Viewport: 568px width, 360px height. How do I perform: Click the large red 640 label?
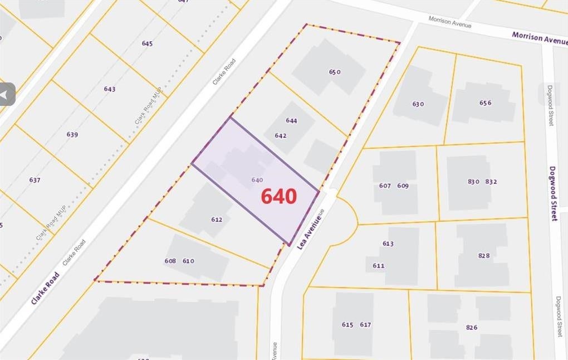click(279, 196)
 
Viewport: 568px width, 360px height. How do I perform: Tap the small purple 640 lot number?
click(257, 179)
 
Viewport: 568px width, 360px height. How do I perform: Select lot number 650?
click(335, 72)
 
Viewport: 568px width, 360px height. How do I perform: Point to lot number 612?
click(217, 220)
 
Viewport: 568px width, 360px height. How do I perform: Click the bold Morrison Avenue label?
click(539, 37)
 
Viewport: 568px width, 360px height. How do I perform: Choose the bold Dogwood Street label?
click(553, 193)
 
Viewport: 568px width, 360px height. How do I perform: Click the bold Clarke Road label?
click(45, 288)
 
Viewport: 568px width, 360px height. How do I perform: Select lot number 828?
click(484, 256)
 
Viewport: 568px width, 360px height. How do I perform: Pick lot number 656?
click(486, 103)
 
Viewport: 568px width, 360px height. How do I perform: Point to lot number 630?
click(418, 104)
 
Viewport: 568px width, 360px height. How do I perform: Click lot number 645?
click(147, 43)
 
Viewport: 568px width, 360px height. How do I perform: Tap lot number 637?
click(35, 180)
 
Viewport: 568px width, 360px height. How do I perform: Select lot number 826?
click(472, 328)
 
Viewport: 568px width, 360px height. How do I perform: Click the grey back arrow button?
click(7, 95)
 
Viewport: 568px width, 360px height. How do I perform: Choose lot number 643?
click(110, 89)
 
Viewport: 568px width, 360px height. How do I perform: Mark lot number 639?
click(72, 134)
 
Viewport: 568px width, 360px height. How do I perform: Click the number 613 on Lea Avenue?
click(388, 244)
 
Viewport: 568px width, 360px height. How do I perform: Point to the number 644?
click(291, 120)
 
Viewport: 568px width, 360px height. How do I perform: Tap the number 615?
click(347, 325)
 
